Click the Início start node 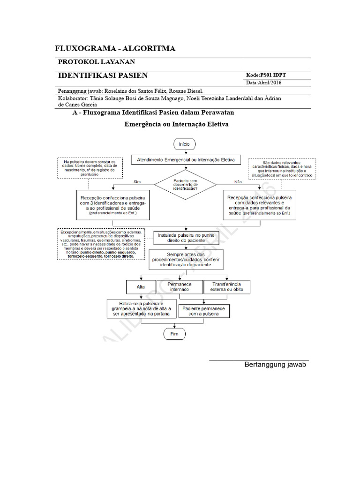(187, 144)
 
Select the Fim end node (174, 334)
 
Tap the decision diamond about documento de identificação (186, 184)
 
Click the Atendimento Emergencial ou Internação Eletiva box (186, 159)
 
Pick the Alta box (140, 286)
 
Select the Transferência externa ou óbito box (226, 286)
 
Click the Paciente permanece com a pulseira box (204, 312)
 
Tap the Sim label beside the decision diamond (137, 181)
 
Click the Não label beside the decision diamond (238, 181)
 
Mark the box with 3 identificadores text (113, 204)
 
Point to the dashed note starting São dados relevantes (282, 168)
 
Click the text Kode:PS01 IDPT (266, 75)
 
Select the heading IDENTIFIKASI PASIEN (103, 75)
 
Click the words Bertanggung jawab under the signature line (275, 365)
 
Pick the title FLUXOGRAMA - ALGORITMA (115, 48)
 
